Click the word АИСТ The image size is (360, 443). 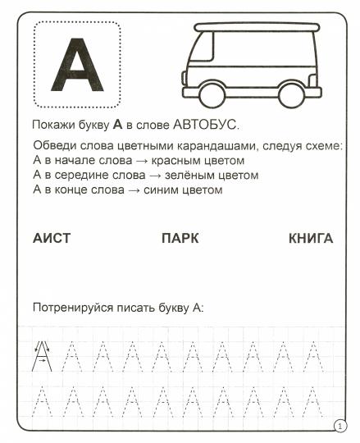(52, 239)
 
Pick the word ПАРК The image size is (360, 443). (180, 239)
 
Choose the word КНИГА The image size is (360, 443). (311, 239)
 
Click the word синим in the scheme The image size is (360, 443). (172, 190)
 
